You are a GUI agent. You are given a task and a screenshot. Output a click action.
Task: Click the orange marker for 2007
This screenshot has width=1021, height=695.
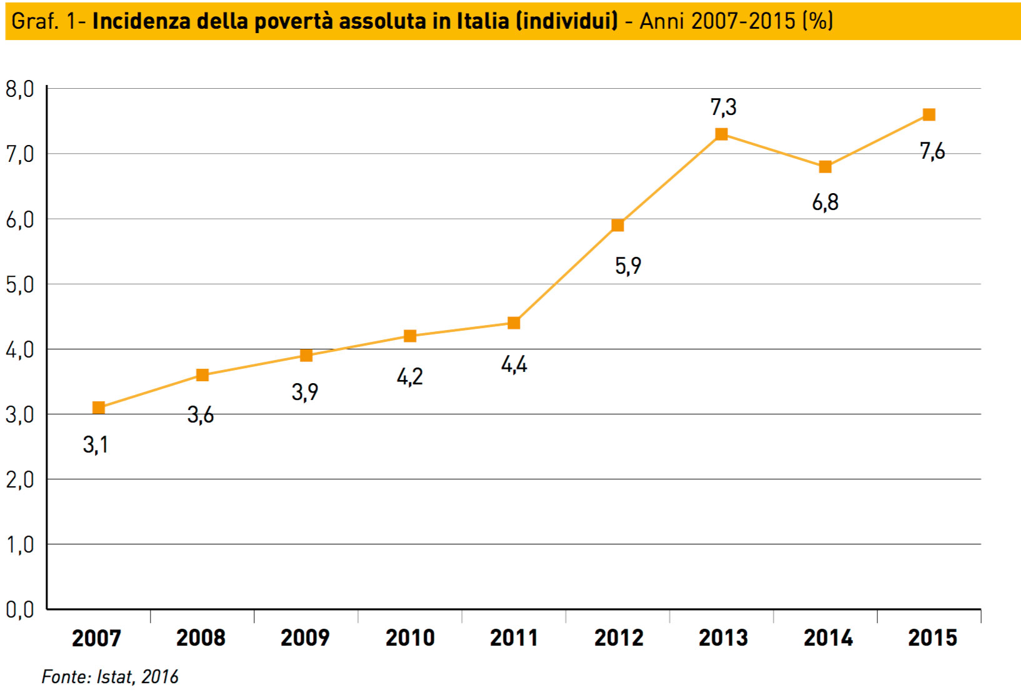coord(98,407)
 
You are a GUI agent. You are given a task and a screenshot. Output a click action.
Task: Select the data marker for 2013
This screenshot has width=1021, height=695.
coord(721,134)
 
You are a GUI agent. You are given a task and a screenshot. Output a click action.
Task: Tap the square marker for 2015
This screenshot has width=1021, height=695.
coord(929,114)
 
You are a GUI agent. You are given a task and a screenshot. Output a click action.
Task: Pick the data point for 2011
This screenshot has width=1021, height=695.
coord(514,322)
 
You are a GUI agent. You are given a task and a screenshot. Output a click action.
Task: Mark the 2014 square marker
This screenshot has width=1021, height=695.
coord(825,166)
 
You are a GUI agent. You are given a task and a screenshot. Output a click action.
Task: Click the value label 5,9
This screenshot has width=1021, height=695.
coord(628,266)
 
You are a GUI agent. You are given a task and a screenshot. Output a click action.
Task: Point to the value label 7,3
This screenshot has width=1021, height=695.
coord(723,107)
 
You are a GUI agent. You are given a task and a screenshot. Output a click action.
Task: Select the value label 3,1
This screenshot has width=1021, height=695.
coord(96,445)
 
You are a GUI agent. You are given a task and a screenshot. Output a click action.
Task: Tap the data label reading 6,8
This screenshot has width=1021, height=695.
coord(825,202)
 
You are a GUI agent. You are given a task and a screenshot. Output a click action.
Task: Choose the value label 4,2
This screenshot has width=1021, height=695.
coord(410,377)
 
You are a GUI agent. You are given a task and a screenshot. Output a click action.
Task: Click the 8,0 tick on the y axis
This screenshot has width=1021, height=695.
coord(19,89)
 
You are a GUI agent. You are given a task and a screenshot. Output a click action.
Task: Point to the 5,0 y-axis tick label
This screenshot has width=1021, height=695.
coord(19,285)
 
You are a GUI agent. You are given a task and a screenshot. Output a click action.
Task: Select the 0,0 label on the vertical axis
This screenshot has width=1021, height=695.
coord(19,609)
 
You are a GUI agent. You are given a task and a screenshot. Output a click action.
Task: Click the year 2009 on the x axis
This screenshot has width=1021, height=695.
coord(305,638)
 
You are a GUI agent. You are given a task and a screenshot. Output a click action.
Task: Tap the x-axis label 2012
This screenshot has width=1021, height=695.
coord(619,638)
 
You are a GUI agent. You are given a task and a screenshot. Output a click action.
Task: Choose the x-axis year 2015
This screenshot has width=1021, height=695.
coord(932,638)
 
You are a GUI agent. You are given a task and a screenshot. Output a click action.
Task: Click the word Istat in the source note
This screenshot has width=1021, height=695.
coord(115,677)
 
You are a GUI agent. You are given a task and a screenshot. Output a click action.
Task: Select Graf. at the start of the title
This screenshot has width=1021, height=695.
coord(35,21)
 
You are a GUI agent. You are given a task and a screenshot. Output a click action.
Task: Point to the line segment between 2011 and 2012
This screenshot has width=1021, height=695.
coord(565,274)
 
